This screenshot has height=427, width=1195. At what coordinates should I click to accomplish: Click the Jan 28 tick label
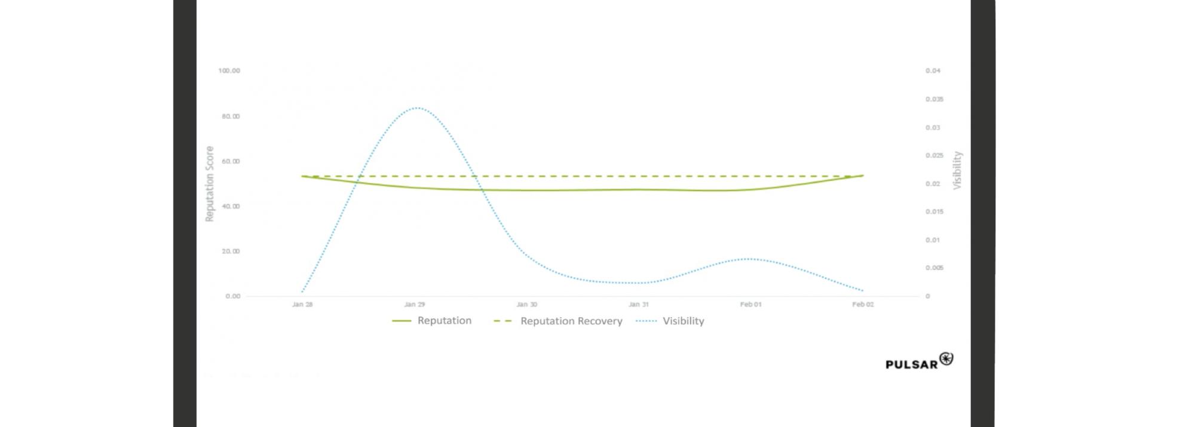click(302, 305)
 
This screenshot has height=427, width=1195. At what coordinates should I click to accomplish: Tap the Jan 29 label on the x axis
click(414, 305)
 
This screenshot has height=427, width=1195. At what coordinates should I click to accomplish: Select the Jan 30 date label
click(526, 305)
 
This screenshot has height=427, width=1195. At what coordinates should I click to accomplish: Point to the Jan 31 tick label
click(639, 305)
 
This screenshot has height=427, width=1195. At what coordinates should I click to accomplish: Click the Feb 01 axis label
click(750, 305)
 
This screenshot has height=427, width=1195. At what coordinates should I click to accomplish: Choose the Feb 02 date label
click(863, 305)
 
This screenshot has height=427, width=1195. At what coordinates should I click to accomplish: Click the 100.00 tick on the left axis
click(229, 71)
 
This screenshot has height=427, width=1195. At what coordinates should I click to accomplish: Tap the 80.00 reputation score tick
click(231, 116)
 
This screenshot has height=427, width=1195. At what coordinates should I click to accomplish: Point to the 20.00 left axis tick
click(231, 251)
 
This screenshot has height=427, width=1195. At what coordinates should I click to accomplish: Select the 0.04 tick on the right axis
click(933, 71)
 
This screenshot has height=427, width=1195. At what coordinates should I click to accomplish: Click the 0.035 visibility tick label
click(934, 99)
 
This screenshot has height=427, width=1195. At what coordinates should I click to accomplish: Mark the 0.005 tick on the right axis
click(934, 268)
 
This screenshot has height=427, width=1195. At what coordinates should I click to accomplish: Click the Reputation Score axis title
click(210, 184)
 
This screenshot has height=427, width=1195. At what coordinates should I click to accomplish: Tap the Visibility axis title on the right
click(957, 171)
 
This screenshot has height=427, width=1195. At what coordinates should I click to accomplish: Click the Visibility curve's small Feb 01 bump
click(750, 259)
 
